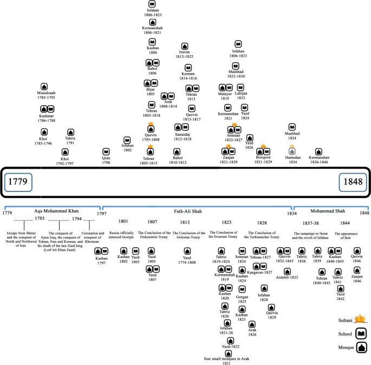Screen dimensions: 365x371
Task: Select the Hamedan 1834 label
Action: (x=292, y=159)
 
